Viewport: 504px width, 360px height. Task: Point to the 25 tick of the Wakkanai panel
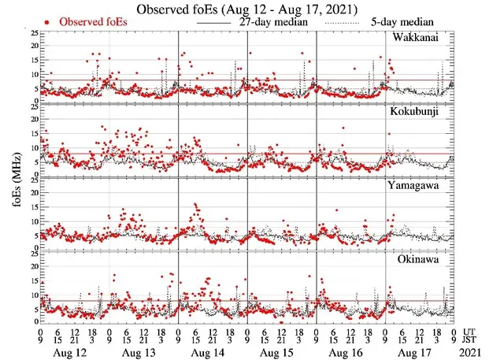click(31, 33)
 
